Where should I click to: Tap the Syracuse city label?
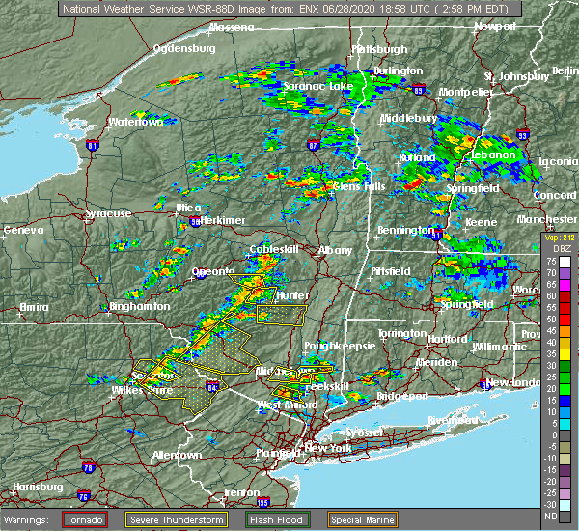coord(107,214)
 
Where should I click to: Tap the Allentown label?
coord(177,454)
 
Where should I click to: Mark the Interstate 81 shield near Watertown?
coord(93,146)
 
